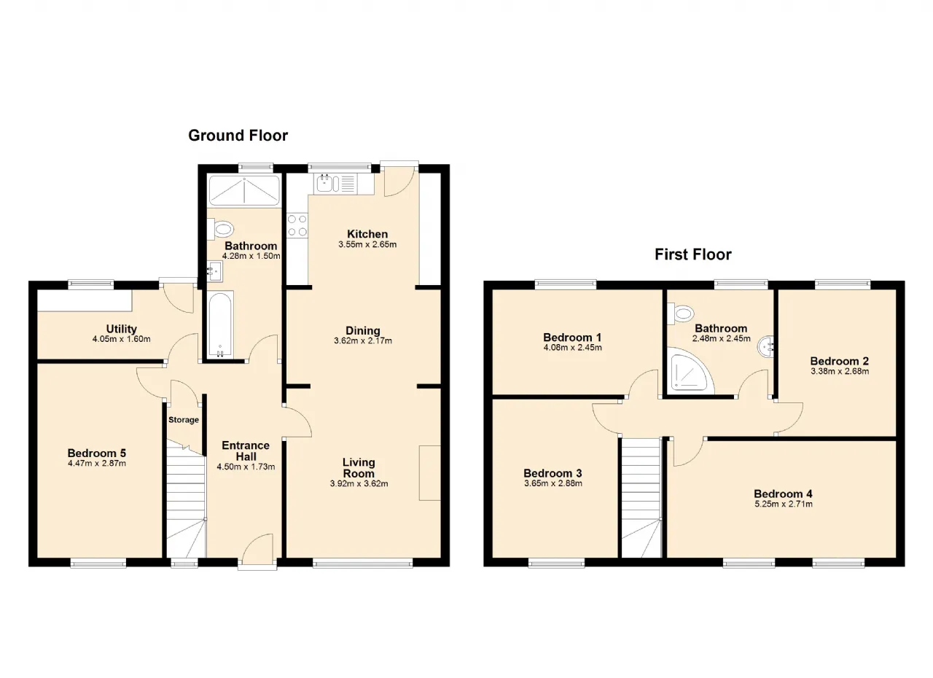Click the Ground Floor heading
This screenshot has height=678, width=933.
(x=238, y=136)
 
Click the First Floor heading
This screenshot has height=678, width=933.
(x=692, y=254)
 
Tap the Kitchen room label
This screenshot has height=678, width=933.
(x=367, y=234)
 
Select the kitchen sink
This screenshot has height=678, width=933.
(x=324, y=183)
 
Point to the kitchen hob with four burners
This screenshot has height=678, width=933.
(x=297, y=225)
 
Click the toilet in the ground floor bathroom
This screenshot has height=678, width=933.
(x=221, y=229)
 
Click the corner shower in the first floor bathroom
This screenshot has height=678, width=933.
(x=690, y=371)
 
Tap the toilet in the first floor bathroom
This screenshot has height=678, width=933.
(x=681, y=313)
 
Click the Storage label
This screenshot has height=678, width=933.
(x=184, y=420)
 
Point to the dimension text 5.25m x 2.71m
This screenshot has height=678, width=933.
(x=784, y=504)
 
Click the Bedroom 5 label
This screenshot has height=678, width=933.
(x=97, y=453)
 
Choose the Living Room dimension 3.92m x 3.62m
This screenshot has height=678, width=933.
(x=359, y=484)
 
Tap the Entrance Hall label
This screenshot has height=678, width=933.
(x=246, y=451)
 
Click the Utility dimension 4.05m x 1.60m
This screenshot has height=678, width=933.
(x=122, y=339)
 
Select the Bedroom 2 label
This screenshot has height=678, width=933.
(x=840, y=361)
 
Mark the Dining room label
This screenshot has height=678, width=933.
(x=363, y=331)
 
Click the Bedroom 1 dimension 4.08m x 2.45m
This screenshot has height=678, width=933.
(x=573, y=348)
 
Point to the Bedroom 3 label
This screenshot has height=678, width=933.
(x=553, y=474)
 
